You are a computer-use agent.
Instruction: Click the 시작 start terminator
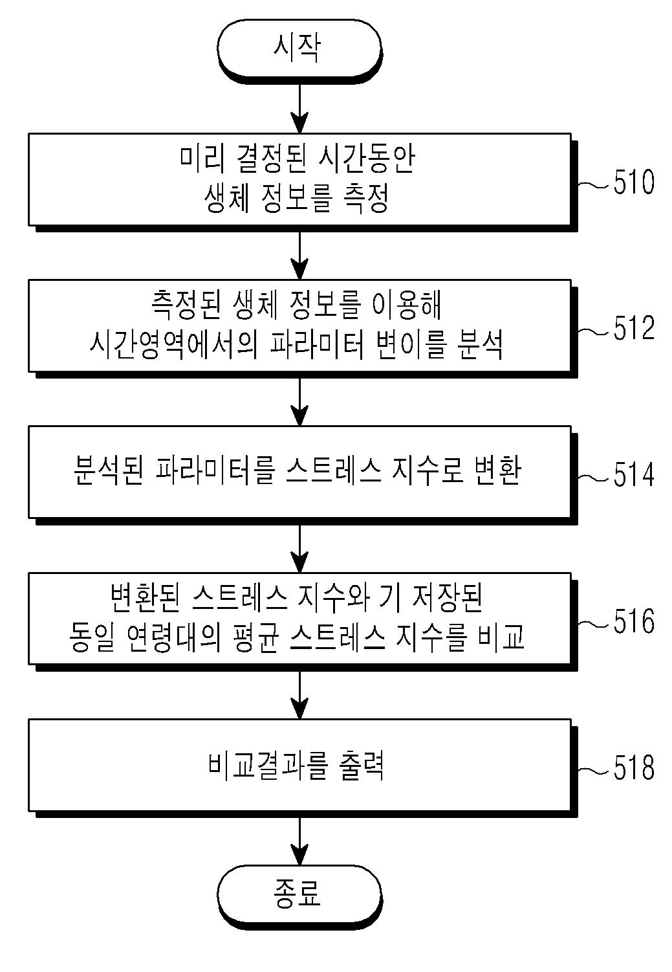coord(298,49)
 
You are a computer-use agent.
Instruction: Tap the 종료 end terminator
coord(298,894)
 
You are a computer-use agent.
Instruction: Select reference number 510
coord(633,183)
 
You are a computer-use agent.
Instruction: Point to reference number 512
coord(633,329)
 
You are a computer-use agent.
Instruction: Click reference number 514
coord(633,476)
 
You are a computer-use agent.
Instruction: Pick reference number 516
coord(633,622)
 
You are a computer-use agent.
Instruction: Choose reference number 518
coord(633,769)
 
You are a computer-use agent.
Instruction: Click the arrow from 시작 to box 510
coord(299,107)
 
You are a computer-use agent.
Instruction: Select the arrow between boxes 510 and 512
coord(299,254)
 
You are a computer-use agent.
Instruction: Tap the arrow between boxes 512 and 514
coord(299,401)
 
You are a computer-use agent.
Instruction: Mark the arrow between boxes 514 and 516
coord(299,547)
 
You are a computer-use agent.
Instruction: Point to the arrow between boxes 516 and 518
coord(299,694)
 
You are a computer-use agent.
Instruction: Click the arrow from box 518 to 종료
coord(299,840)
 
